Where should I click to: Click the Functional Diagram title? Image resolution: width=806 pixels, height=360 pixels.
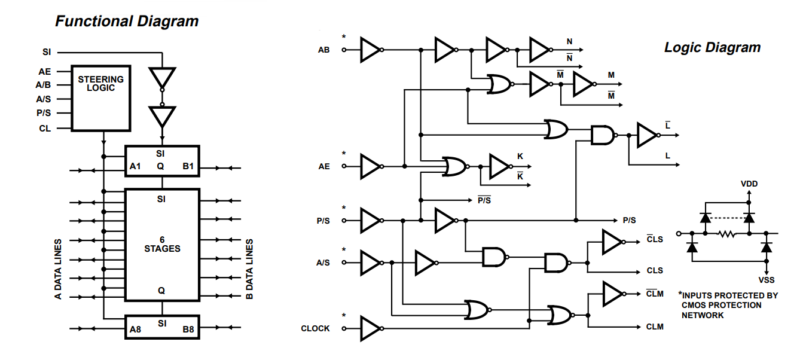(127, 22)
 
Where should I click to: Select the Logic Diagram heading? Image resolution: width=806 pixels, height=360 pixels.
(712, 48)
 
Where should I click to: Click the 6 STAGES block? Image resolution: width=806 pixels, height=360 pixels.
(162, 244)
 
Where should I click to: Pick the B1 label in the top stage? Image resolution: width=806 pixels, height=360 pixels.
(188, 166)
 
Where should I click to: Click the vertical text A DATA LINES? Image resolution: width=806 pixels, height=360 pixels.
(59, 270)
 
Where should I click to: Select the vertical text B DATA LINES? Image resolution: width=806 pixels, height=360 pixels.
(250, 270)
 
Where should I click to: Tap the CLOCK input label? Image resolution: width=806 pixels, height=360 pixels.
(315, 328)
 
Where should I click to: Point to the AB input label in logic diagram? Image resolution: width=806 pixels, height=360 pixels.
(323, 50)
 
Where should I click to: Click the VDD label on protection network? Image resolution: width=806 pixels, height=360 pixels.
(749, 184)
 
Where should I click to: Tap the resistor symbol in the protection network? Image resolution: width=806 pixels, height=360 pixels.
(727, 233)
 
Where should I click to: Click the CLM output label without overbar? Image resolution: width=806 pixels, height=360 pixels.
(655, 327)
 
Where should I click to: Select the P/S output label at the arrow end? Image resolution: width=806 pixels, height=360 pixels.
(629, 221)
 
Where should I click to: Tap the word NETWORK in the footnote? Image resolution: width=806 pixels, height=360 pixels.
(703, 315)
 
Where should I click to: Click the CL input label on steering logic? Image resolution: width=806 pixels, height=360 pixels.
(45, 129)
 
